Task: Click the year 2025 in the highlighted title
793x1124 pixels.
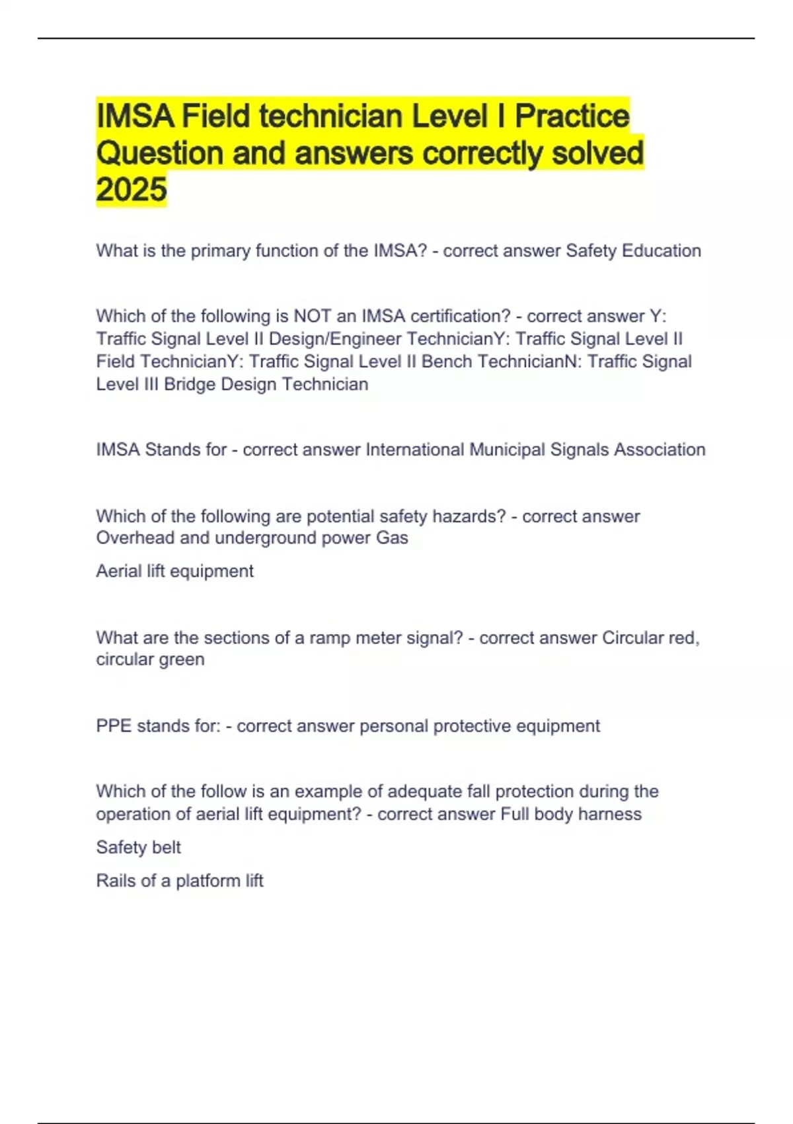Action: coord(132,190)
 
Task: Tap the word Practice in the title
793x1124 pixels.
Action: coord(572,116)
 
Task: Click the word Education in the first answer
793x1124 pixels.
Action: coord(661,251)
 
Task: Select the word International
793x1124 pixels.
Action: coord(415,450)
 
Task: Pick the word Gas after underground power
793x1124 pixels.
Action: coord(392,538)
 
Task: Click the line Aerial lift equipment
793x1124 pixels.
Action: coord(174,571)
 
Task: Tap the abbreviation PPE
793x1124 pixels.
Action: coord(114,726)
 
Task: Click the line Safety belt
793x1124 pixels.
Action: coord(138,848)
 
